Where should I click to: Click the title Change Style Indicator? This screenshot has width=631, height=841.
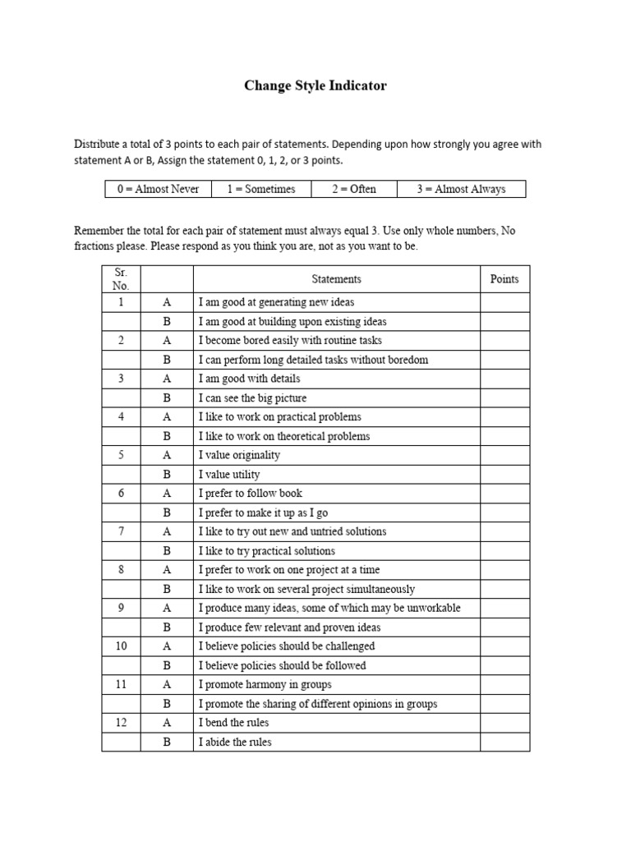pos(315,85)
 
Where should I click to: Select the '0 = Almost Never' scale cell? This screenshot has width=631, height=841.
pos(158,189)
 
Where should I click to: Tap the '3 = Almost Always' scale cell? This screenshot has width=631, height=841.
pos(460,189)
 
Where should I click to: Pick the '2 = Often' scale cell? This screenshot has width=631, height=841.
pos(354,189)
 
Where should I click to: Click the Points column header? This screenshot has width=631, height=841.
pos(504,279)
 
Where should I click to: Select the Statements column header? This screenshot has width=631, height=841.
pos(336,279)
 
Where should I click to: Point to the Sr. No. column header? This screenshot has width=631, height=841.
pos(121,279)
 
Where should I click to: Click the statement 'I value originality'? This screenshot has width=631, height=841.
pos(239,455)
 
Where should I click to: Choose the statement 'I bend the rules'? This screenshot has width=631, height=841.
pos(233,723)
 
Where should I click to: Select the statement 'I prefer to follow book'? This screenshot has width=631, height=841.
pos(250,494)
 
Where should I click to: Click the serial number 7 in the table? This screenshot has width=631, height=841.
pos(121,531)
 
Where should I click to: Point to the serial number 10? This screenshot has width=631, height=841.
pos(121,646)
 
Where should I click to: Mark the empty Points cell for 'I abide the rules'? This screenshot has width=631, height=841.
pos(504,742)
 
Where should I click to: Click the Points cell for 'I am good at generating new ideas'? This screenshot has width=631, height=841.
pos(504,302)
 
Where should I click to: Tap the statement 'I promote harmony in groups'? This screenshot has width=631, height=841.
pos(265,685)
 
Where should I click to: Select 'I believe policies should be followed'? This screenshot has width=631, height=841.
pos(282,666)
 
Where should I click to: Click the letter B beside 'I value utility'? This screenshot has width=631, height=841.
pos(167,475)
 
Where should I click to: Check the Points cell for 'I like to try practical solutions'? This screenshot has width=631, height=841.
pos(504,551)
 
